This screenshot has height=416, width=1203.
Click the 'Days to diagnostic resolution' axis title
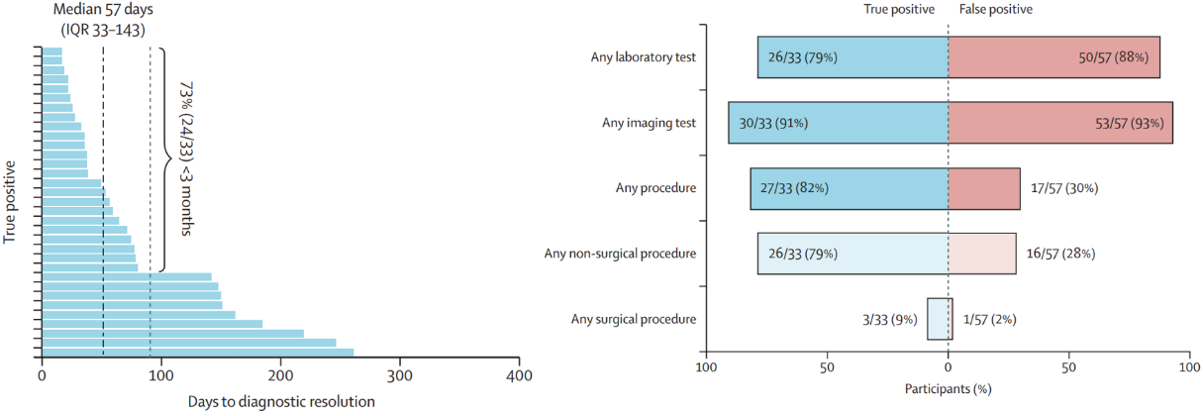(281, 401)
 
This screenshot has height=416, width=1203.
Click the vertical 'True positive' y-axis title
(11, 197)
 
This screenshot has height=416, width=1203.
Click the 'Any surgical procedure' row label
(634, 319)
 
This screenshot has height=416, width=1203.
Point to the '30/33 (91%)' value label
(773, 123)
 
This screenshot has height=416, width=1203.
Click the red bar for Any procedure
(984, 188)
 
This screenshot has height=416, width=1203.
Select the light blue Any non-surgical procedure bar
(852, 254)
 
